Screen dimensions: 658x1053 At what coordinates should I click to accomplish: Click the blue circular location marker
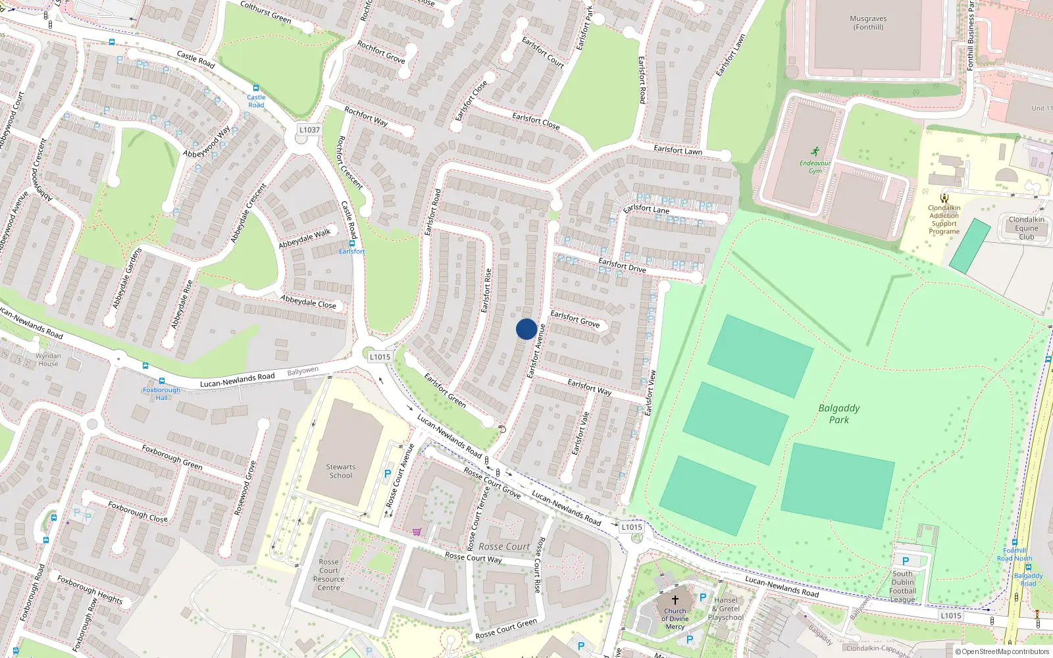point(526,329)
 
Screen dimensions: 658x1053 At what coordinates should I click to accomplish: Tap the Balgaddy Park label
point(839,414)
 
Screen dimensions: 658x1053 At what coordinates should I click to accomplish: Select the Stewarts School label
point(340,471)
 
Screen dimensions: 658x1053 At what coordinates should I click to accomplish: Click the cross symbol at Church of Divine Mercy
point(675,600)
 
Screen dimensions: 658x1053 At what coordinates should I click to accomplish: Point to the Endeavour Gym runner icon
point(815,151)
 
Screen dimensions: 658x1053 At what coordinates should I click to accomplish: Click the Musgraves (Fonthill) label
point(868,23)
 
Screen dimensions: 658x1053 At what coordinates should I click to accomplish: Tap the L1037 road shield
point(309,130)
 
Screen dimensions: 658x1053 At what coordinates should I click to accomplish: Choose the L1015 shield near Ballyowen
point(380,357)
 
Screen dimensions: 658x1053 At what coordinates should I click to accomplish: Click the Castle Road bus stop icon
point(256,88)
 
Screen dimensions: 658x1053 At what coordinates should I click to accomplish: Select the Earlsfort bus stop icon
point(352,243)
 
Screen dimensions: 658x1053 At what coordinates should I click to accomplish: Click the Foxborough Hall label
point(161,393)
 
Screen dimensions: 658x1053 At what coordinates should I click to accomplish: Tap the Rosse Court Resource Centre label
point(328,575)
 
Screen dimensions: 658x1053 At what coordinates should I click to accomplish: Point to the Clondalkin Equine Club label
point(1026,228)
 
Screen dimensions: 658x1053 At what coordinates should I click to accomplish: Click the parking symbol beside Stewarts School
point(388,474)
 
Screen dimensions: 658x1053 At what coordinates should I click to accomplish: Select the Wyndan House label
point(48,359)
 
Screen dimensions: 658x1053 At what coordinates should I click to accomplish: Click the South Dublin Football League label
point(903,586)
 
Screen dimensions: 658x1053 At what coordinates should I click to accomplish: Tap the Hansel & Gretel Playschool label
point(726,609)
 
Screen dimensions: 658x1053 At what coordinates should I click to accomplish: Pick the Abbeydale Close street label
point(308,302)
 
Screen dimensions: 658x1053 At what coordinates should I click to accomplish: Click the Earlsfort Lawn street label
point(678,150)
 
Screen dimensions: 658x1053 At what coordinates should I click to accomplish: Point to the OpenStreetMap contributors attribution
point(1002,651)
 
